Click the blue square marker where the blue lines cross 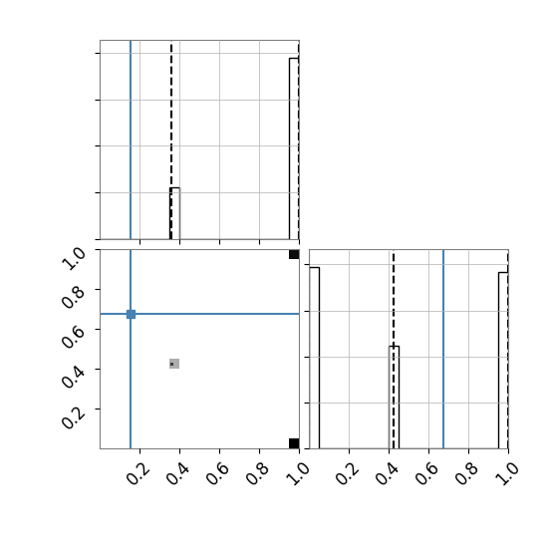tap(131, 314)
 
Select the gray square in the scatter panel tap(174, 364)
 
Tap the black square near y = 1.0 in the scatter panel tap(294, 254)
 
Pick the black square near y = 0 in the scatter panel tap(294, 443)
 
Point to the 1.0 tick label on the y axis tap(73, 259)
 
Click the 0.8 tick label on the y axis tap(73, 298)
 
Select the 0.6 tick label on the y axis tap(73, 338)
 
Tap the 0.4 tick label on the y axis tap(73, 378)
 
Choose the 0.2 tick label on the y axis tap(73, 417)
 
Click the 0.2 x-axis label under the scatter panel tap(138, 474)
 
